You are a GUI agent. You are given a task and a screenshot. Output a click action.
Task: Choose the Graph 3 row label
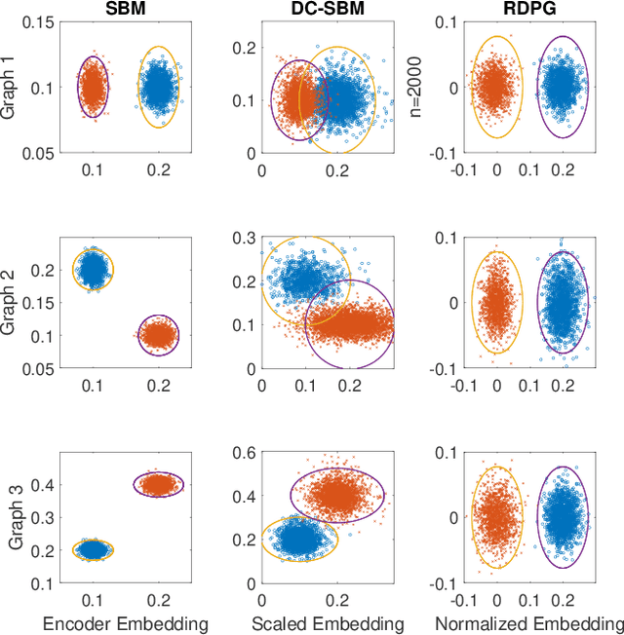pos(14,515)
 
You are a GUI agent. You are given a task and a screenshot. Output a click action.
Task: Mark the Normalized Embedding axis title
pos(527,623)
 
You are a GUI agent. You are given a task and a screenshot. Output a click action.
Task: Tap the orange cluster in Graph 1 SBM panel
pos(93,88)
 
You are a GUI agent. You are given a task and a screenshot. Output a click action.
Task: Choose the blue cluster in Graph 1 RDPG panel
pos(562,87)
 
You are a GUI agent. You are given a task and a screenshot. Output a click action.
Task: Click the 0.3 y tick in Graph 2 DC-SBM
pos(248,239)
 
